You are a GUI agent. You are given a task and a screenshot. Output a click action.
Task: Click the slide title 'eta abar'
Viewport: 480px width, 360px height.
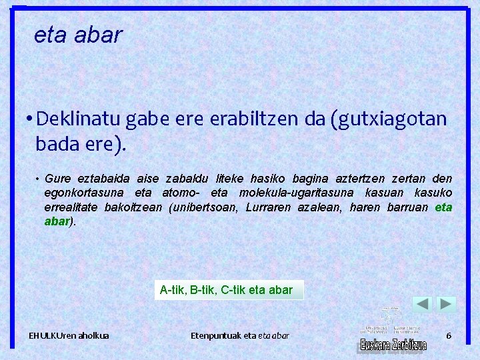(78, 35)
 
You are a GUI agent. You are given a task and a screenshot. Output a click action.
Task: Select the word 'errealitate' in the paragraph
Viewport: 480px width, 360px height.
(69, 207)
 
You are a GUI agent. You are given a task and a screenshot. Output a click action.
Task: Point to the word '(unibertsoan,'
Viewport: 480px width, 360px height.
(203, 207)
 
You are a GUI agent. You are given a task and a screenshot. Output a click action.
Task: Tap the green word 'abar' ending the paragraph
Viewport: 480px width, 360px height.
(57, 221)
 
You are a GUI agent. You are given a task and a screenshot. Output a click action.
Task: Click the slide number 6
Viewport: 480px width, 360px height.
(449, 335)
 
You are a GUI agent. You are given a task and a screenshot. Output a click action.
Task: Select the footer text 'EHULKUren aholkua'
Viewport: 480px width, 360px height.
(69, 335)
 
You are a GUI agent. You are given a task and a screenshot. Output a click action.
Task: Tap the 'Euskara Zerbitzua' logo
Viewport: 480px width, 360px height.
(393, 344)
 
